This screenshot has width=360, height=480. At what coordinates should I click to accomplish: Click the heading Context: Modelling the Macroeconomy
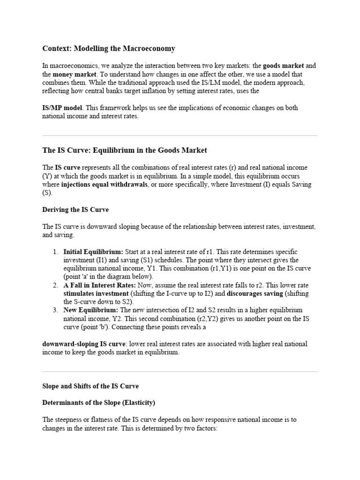(109, 48)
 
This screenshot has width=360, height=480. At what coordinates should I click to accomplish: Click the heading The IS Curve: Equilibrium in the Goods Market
(125, 150)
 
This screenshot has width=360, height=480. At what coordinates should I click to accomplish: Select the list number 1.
(55, 252)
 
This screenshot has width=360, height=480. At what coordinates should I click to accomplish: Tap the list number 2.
(55, 285)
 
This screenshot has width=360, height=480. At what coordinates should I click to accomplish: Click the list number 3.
(55, 310)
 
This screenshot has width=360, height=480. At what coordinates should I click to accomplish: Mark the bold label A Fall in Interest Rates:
(99, 285)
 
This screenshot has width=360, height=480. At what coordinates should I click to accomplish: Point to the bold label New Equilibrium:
(91, 310)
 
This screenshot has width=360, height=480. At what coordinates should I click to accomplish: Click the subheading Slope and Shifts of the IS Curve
(90, 386)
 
